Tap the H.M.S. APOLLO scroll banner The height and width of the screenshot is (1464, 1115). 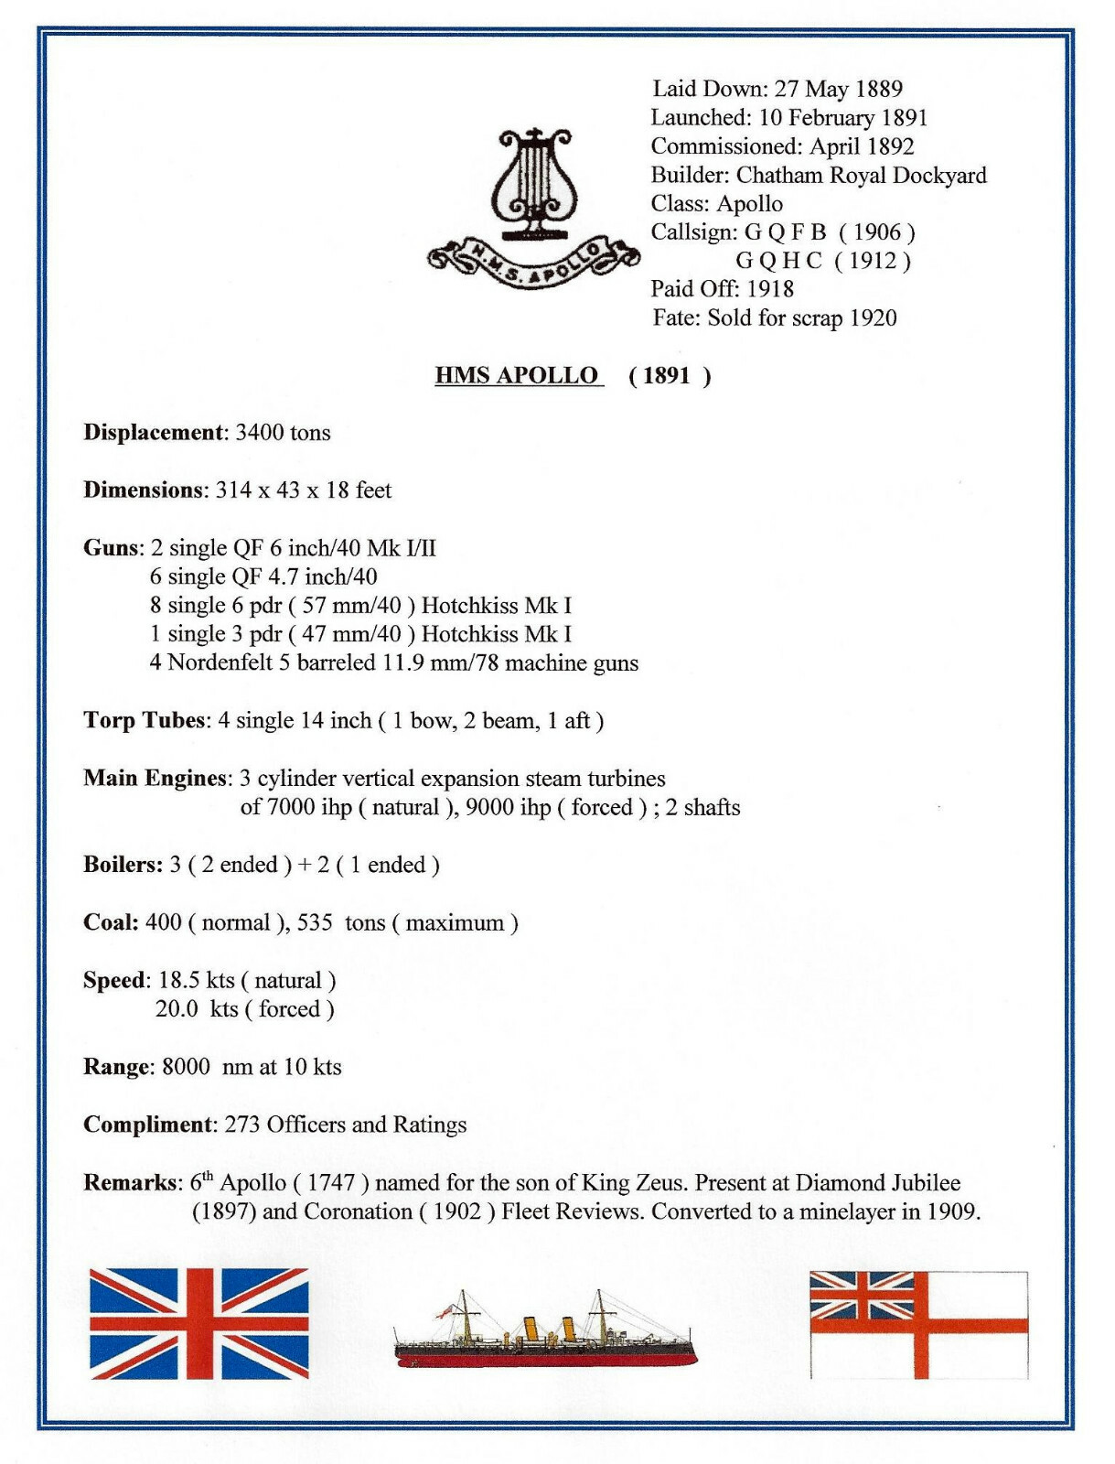tap(534, 261)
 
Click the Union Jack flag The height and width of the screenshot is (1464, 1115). tap(199, 1323)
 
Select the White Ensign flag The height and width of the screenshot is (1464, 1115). tap(918, 1324)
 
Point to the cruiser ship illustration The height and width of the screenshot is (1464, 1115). tap(544, 1334)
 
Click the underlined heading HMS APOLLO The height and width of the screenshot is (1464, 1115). tap(517, 375)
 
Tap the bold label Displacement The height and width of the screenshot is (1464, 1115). tap(154, 433)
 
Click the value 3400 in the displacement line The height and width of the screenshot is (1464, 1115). tap(259, 433)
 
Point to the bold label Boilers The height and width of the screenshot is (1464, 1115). tap(123, 865)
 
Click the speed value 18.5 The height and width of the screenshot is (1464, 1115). tap(178, 981)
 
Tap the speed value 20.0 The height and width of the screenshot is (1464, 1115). tap(177, 1009)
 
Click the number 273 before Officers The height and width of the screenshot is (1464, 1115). tap(242, 1125)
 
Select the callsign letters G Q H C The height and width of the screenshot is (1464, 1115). tap(777, 261)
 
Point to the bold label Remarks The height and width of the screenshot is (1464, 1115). tap(132, 1182)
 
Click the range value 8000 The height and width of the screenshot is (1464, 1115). tap(186, 1067)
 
